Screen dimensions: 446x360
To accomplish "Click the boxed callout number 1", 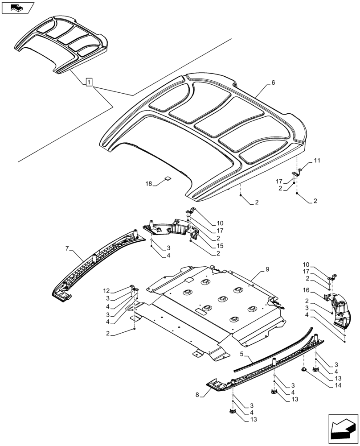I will click(89, 82).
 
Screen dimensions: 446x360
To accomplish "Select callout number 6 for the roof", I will click(273, 83).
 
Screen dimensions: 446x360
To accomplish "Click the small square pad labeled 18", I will click(168, 178).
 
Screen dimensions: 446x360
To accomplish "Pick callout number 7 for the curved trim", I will click(68, 248).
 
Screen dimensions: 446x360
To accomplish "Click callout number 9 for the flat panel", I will click(267, 269).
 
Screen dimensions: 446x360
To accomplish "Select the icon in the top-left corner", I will click(17, 8).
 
